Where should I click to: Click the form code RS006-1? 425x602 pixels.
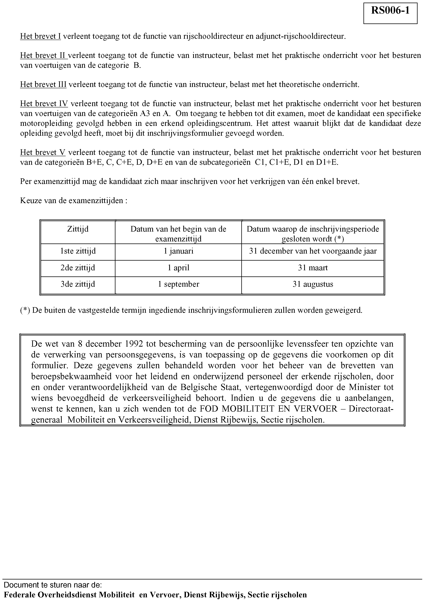tap(390, 11)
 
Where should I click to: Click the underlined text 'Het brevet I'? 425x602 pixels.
tap(40, 36)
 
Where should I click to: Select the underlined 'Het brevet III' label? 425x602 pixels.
tap(43, 85)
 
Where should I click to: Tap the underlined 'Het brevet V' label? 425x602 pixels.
tap(43, 152)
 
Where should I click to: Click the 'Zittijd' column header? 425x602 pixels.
tap(78, 229)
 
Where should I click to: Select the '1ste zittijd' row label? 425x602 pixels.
tap(78, 251)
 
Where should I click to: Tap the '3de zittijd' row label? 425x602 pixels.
tap(78, 284)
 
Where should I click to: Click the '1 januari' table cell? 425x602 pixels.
tap(178, 251)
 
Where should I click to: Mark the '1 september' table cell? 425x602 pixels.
tap(178, 284)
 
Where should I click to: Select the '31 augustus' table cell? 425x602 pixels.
tap(313, 284)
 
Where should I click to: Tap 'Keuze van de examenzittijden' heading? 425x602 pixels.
tap(74, 201)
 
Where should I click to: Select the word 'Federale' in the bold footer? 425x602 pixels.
tap(20, 594)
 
